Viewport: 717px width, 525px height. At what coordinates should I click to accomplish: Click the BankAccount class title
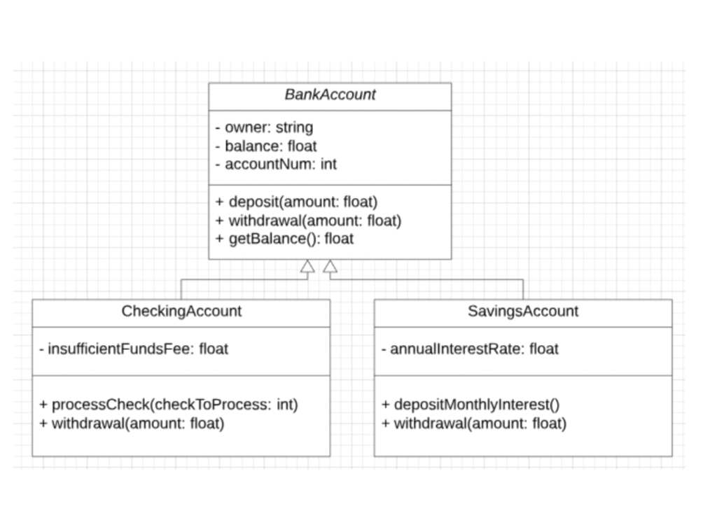pos(330,95)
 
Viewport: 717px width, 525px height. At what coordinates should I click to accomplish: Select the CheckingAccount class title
pos(181,311)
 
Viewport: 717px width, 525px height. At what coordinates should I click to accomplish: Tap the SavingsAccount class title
pos(523,311)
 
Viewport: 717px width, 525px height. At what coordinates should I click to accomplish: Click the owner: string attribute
pos(264,127)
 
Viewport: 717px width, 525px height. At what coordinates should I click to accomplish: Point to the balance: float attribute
pos(266,146)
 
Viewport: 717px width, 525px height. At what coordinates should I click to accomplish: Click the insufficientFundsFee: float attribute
pos(134,349)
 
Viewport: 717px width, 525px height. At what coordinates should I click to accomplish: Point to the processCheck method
pos(169,405)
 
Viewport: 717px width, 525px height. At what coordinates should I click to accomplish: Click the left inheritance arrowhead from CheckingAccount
pos(307,266)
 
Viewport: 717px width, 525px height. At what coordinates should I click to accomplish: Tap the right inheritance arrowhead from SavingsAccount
pos(330,266)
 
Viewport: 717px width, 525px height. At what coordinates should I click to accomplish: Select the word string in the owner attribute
pos(294,127)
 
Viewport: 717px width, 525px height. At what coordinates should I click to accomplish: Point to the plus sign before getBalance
pos(220,239)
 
